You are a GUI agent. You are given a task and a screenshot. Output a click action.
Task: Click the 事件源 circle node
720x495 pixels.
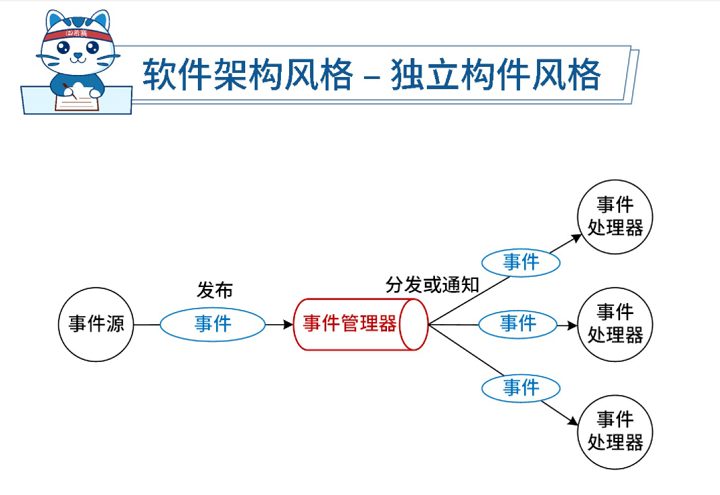coord(96,324)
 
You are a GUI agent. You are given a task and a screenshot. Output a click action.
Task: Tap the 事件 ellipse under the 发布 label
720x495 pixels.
coord(213,324)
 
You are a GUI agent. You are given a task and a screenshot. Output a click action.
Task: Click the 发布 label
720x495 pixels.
coord(214,290)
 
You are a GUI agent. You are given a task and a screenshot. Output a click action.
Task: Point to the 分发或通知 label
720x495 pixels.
coord(432,284)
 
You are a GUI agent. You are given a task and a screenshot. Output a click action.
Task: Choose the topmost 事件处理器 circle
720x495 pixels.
coord(615,216)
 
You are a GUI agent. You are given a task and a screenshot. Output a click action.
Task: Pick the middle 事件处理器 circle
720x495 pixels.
coord(615,323)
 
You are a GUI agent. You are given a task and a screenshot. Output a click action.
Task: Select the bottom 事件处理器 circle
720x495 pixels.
coord(615,431)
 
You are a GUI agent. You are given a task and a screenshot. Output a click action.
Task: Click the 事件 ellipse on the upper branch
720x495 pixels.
coord(521,262)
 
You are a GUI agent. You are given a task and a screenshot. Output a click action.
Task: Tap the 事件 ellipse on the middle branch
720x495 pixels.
coord(517,323)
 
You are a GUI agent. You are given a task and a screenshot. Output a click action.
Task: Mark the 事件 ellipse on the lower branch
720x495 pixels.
coord(521,388)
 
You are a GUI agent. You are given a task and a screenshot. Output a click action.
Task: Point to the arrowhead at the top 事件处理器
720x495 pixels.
coord(576,237)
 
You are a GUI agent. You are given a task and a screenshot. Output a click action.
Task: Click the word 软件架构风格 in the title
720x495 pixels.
coord(247,74)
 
